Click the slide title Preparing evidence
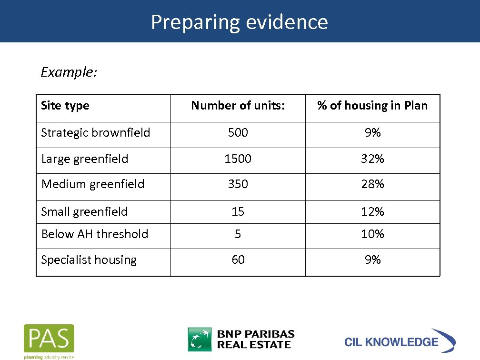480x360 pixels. [x=240, y=22]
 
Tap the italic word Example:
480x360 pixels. [x=69, y=72]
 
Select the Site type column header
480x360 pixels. [x=65, y=106]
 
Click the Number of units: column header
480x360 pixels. [x=238, y=106]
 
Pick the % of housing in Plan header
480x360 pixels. [x=372, y=106]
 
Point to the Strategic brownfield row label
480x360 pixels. [x=96, y=133]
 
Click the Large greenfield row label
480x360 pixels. [x=85, y=159]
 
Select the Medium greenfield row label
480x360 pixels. [x=93, y=184]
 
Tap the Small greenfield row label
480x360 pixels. [x=85, y=211]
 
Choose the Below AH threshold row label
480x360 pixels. [x=95, y=234]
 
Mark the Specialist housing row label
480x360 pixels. [x=89, y=260]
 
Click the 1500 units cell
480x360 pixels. [x=238, y=159]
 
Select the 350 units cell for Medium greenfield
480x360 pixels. [x=238, y=184]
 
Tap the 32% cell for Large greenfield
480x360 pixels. [x=372, y=159]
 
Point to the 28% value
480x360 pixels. [x=372, y=184]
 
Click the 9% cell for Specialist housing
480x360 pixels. [x=372, y=260]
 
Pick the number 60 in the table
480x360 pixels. [x=238, y=260]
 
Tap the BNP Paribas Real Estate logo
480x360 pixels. [x=241, y=339]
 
